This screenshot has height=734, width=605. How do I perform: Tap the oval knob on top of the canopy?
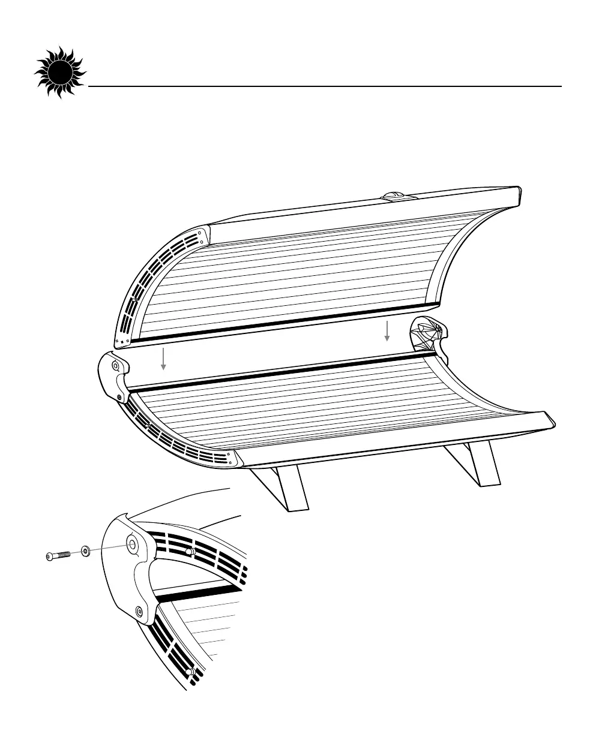coord(394,195)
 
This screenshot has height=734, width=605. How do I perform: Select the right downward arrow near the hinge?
coord(387,331)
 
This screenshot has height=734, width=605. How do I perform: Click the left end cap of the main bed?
coord(113,378)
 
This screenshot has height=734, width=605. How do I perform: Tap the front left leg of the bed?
coord(282,488)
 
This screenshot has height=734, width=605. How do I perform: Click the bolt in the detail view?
coord(59,555)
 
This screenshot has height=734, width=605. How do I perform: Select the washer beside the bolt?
coord(86,550)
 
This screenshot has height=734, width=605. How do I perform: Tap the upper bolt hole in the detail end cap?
coord(131,544)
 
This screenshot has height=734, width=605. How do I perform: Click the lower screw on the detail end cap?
coord(140,610)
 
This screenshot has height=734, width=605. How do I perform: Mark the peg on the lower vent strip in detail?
coord(190,672)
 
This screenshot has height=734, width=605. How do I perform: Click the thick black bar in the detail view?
coord(198,594)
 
